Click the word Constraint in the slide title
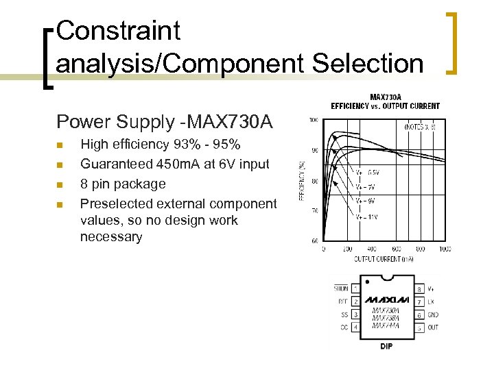pyautogui.click(x=118, y=31)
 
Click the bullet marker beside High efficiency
pyautogui.click(x=61, y=145)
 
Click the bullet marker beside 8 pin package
pyautogui.click(x=61, y=184)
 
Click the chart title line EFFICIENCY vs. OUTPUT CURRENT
pyautogui.click(x=385, y=106)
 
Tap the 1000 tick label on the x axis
pyautogui.click(x=445, y=249)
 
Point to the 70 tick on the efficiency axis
pyautogui.click(x=314, y=211)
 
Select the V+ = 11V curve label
pyautogui.click(x=366, y=217)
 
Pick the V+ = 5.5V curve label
pyautogui.click(x=367, y=173)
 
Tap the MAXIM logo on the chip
pyautogui.click(x=386, y=300)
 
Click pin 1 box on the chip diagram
pyautogui.click(x=355, y=288)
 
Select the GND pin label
pyautogui.click(x=433, y=314)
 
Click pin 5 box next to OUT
pyautogui.click(x=419, y=327)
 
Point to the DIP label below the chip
pyautogui.click(x=386, y=346)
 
